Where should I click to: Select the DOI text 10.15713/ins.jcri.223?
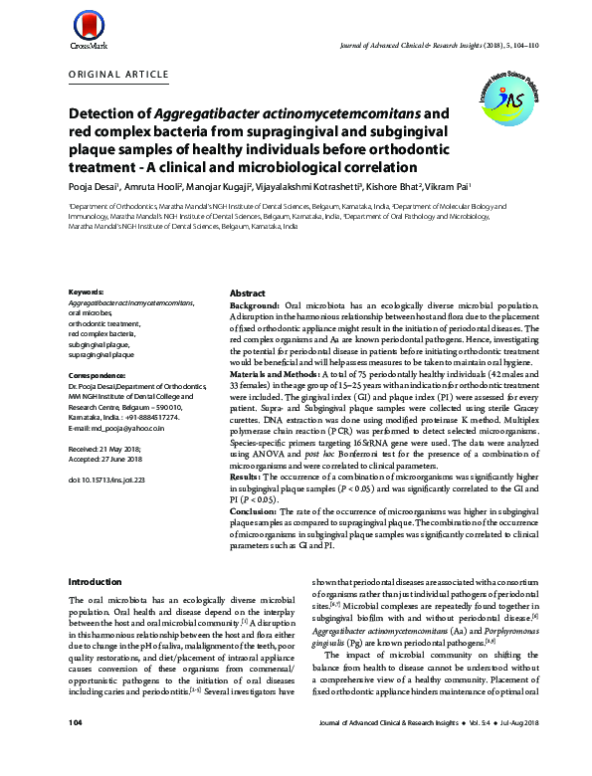106,480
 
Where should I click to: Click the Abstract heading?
248,295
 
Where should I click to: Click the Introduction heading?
94,581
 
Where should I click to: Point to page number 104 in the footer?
76,749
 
